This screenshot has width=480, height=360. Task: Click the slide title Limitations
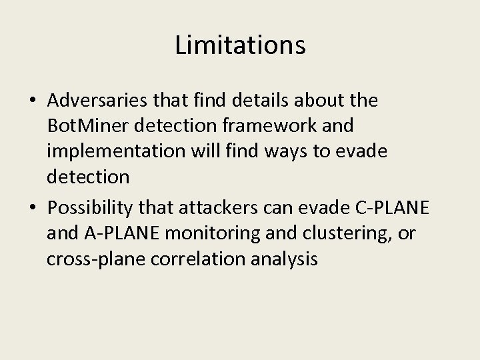click(x=240, y=46)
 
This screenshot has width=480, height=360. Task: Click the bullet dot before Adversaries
click(x=33, y=101)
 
